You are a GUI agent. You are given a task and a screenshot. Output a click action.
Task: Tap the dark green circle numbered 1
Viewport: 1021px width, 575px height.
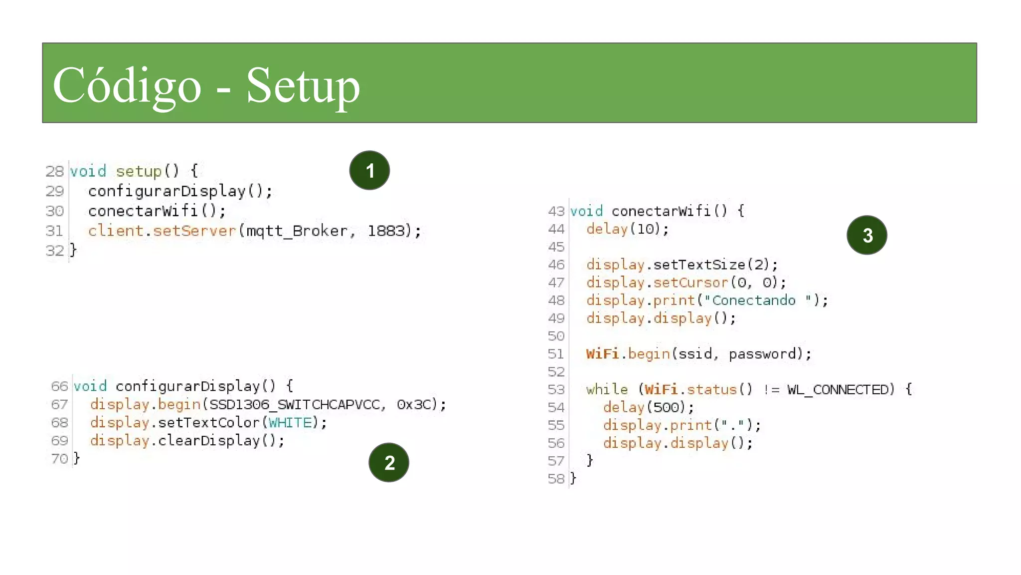click(369, 170)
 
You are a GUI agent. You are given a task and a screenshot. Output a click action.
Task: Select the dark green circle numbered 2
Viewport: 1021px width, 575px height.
click(389, 463)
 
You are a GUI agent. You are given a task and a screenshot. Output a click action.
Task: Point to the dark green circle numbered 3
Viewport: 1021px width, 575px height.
click(867, 235)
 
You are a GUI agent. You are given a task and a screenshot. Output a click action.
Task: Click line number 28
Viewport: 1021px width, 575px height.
click(54, 171)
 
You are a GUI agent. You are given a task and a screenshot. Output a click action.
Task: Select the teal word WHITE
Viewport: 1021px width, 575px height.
click(290, 423)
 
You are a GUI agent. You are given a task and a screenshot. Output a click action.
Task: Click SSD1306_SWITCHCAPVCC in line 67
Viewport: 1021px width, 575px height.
click(295, 404)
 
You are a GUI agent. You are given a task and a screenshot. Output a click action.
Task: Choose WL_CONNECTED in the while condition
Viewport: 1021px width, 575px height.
click(838, 389)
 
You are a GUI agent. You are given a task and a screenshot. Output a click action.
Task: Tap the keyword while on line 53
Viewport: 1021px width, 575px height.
click(607, 389)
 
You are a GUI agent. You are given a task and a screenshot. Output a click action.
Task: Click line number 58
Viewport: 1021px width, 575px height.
click(556, 479)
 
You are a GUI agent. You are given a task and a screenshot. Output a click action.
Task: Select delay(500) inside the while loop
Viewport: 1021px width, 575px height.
click(648, 407)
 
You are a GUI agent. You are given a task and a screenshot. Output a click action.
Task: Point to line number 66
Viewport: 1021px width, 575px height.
click(59, 386)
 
